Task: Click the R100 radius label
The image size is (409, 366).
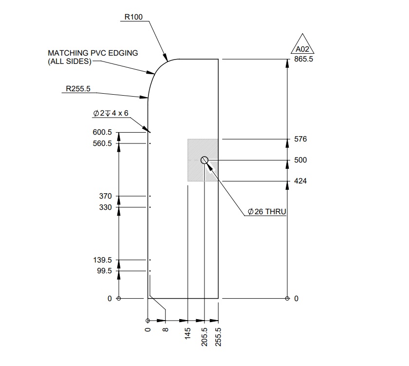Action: (x=133, y=17)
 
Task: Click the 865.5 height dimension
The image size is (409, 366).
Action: (x=304, y=59)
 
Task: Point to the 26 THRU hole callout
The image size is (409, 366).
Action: (x=266, y=212)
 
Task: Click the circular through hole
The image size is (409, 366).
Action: (x=204, y=160)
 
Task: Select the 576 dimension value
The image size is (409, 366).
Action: (x=300, y=139)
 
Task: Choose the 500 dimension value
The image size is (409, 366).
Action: (x=300, y=160)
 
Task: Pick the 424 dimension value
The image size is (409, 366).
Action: (x=300, y=181)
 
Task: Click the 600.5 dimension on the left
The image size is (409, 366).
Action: (x=102, y=132)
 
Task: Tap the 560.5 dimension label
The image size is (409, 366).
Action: (x=102, y=143)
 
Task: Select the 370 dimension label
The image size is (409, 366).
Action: (x=105, y=196)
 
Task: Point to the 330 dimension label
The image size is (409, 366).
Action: (x=105, y=207)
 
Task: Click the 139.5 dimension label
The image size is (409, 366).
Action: (x=102, y=260)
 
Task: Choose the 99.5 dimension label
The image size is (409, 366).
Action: (x=104, y=271)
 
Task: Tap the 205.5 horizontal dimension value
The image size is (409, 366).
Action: (x=204, y=336)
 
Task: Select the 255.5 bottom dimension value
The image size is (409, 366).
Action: (x=218, y=336)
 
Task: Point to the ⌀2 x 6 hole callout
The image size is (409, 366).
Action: (x=111, y=113)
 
